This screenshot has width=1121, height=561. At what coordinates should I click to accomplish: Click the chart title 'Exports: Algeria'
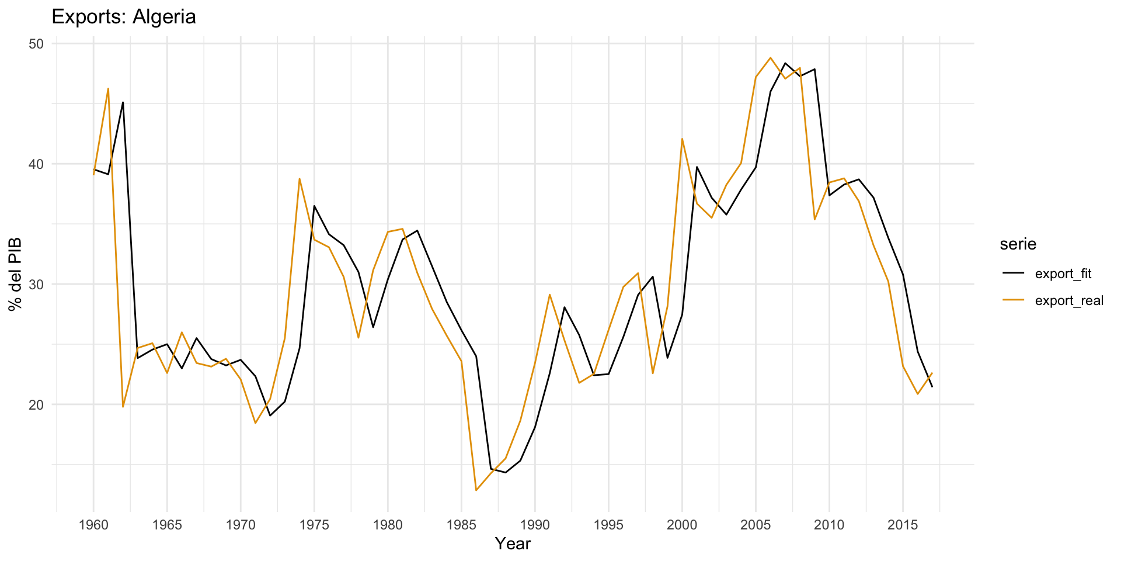(124, 16)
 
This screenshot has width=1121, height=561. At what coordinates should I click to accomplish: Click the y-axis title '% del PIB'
(15, 274)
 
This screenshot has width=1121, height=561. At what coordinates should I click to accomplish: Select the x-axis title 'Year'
(513, 543)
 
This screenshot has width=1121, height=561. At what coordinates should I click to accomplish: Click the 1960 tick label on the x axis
(93, 525)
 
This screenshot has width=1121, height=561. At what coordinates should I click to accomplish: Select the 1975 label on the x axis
(314, 525)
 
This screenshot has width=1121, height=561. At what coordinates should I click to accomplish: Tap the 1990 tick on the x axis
(535, 525)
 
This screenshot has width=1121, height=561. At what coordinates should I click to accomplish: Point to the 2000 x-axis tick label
(682, 525)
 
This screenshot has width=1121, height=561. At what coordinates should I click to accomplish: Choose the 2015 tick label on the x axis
(903, 525)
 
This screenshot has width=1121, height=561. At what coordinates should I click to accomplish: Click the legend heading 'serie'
(1018, 244)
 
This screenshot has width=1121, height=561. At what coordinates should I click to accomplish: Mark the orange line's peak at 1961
(108, 89)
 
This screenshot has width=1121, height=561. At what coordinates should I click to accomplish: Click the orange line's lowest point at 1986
(476, 490)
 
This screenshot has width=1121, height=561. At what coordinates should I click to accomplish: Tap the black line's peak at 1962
(123, 102)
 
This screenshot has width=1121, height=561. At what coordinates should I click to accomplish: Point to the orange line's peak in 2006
(770, 58)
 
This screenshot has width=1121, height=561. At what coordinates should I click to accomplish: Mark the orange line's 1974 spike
(300, 179)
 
